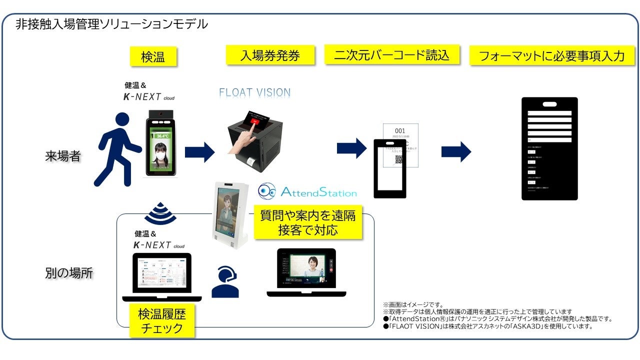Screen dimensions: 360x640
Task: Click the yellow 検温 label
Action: click(x=153, y=56)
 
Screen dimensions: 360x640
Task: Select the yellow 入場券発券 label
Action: click(x=270, y=55)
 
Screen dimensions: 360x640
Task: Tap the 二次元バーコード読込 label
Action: click(x=391, y=54)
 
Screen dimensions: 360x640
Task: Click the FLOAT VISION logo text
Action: click(x=254, y=92)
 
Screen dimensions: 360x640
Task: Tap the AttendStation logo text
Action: click(x=318, y=192)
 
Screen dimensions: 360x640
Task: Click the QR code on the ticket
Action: click(x=398, y=160)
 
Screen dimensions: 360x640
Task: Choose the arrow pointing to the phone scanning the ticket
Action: click(x=352, y=148)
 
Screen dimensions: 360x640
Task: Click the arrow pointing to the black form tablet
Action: click(x=456, y=151)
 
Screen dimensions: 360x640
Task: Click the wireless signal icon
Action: click(x=160, y=213)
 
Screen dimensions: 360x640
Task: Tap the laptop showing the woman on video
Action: click(x=307, y=272)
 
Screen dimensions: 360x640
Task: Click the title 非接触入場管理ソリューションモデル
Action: click(x=111, y=23)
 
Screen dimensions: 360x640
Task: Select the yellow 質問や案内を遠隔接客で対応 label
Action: click(x=307, y=222)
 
